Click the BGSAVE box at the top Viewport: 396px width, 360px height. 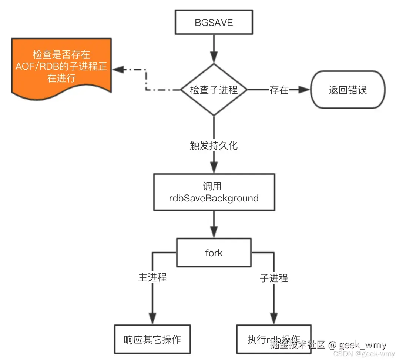(214, 23)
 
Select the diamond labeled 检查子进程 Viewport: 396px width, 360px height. (214, 90)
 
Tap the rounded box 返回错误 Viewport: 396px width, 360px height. (348, 90)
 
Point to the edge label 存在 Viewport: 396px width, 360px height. (279, 90)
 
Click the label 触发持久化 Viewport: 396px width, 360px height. (214, 145)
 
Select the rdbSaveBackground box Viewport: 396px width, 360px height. (214, 193)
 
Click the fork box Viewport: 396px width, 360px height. (214, 253)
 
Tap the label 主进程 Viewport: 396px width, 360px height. (152, 277)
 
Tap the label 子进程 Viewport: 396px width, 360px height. (274, 278)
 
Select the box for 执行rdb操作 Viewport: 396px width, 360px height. (274, 339)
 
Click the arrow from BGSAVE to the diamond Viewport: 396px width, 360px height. (214, 48)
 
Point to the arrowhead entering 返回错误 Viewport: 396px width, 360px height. (303, 90)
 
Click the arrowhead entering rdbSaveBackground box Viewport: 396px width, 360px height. (214, 167)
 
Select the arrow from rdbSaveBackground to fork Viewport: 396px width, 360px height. (214, 224)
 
